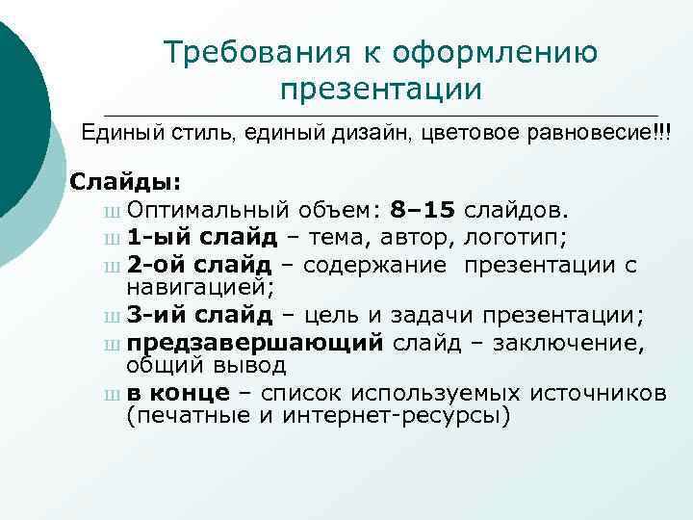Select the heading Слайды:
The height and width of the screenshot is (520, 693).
(x=117, y=182)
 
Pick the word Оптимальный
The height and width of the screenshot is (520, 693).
(x=207, y=209)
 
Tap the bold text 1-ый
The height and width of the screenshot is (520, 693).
(x=154, y=236)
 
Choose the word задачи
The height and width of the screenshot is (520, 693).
(x=432, y=314)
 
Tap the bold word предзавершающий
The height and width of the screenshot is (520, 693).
(x=255, y=341)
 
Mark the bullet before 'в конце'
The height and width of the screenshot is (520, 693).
(x=115, y=393)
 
